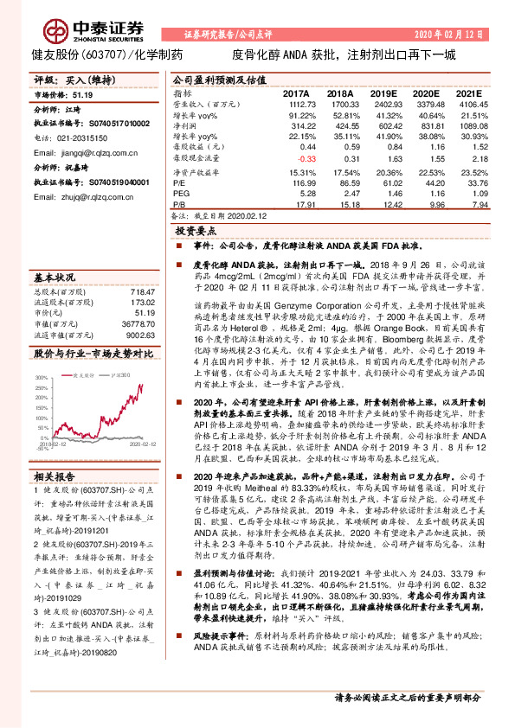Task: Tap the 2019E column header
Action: click(x=386, y=93)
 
